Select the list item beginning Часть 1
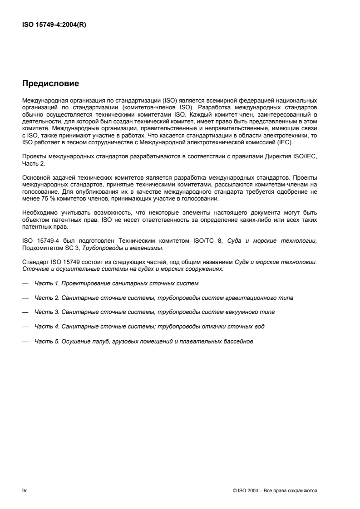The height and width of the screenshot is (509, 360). click(x=117, y=283)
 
